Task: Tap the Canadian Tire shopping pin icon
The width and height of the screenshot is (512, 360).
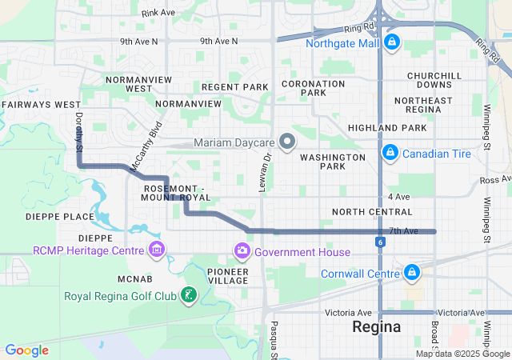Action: (390, 151)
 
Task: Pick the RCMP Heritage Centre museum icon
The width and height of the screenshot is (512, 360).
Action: (157, 250)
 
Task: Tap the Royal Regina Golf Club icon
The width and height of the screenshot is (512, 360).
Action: (188, 296)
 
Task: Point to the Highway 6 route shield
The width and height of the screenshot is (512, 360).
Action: (379, 241)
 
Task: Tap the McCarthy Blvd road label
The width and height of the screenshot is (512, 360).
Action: (146, 144)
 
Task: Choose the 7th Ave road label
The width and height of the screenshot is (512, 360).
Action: (403, 230)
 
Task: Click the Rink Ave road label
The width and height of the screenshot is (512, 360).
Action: (158, 13)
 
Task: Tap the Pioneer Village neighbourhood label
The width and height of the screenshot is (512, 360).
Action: (228, 276)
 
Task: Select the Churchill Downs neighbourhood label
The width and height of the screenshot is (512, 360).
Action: (434, 80)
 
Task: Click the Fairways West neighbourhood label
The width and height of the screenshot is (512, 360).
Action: (41, 105)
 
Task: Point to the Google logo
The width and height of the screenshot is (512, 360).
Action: (26, 350)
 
